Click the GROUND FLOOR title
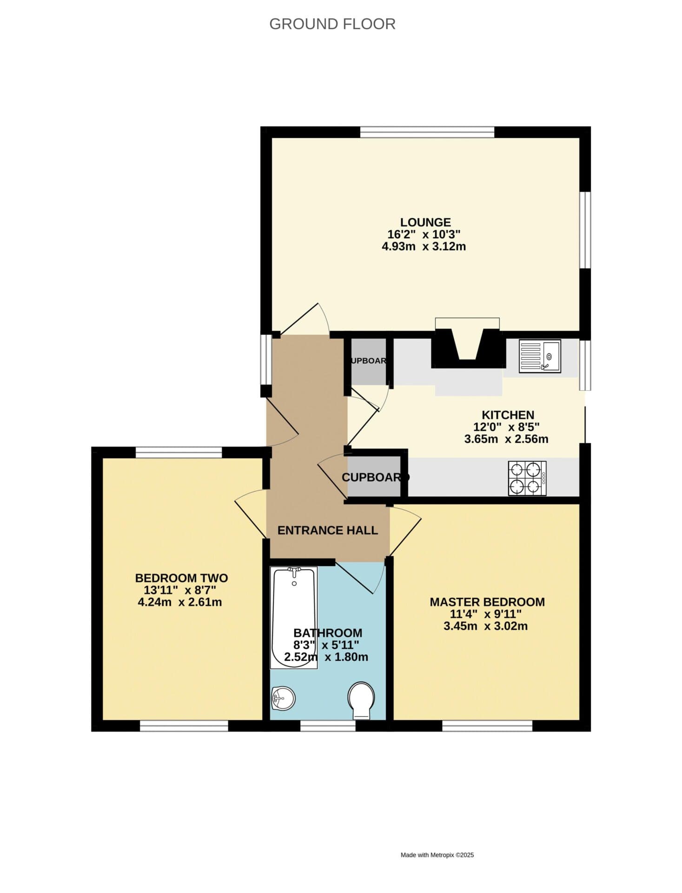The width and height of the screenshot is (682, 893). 332,24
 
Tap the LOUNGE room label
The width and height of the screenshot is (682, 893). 425,222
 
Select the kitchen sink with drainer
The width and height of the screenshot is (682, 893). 540,356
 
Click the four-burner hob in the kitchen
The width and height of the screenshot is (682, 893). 527,478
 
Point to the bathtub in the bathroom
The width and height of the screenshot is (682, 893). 294,617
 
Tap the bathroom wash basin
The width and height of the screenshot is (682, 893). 283,698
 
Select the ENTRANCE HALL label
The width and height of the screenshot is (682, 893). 327,530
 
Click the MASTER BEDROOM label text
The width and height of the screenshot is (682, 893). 487,602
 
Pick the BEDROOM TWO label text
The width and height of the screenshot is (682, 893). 181,578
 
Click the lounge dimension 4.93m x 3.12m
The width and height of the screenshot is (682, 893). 424,247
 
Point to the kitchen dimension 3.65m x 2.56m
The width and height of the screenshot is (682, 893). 506,439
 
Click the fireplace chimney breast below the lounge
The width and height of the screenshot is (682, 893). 468,348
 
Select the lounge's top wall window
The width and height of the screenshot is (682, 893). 427,132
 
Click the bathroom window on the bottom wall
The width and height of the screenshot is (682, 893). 328,726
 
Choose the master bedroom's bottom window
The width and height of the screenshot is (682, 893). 487,726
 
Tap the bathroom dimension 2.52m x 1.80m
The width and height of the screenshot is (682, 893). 326,657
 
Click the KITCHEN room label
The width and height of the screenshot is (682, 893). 508,415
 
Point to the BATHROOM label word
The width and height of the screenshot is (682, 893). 328,633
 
